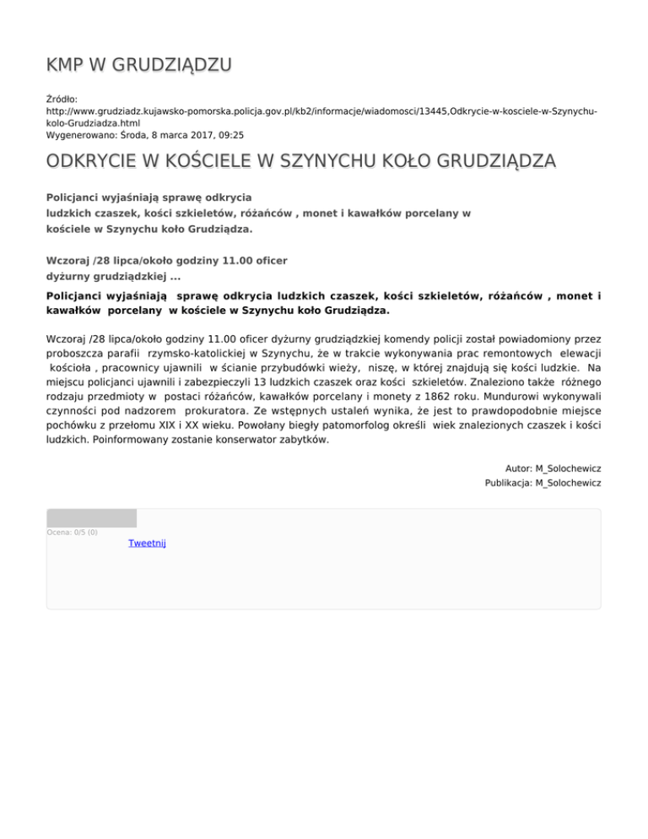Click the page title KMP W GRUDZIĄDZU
click(139, 65)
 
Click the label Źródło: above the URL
click(62, 99)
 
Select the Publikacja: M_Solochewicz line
click(543, 483)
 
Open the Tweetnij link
click(147, 543)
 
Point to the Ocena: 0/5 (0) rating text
click(72, 533)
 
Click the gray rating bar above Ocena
click(91, 518)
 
